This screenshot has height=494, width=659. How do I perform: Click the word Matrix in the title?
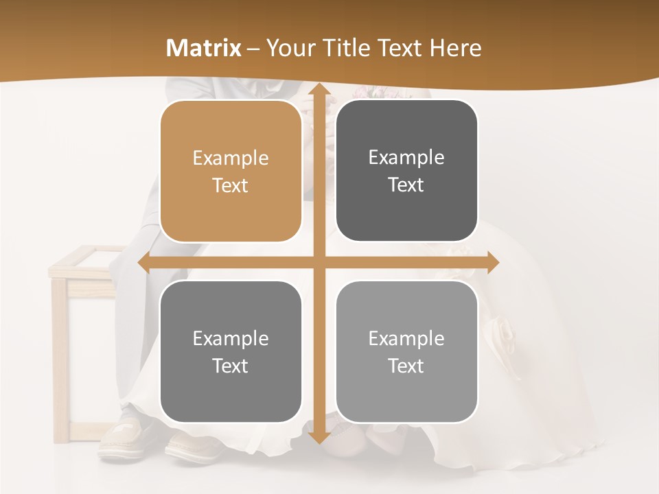point(204,48)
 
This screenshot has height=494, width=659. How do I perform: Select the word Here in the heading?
point(455,48)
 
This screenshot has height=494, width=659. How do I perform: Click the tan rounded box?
point(231,172)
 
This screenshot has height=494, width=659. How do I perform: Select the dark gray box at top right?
point(406,171)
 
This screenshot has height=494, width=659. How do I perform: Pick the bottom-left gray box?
point(231,352)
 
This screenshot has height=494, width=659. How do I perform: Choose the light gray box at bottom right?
point(406,352)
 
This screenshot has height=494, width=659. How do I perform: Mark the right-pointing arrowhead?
point(492,263)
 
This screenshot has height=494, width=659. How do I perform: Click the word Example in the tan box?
point(231,158)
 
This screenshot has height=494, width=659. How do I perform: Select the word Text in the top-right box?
point(406,185)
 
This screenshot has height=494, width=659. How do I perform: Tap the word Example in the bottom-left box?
point(231,338)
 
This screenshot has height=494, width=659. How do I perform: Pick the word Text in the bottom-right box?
point(406,366)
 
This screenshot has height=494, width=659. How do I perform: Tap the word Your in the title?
point(288,48)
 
